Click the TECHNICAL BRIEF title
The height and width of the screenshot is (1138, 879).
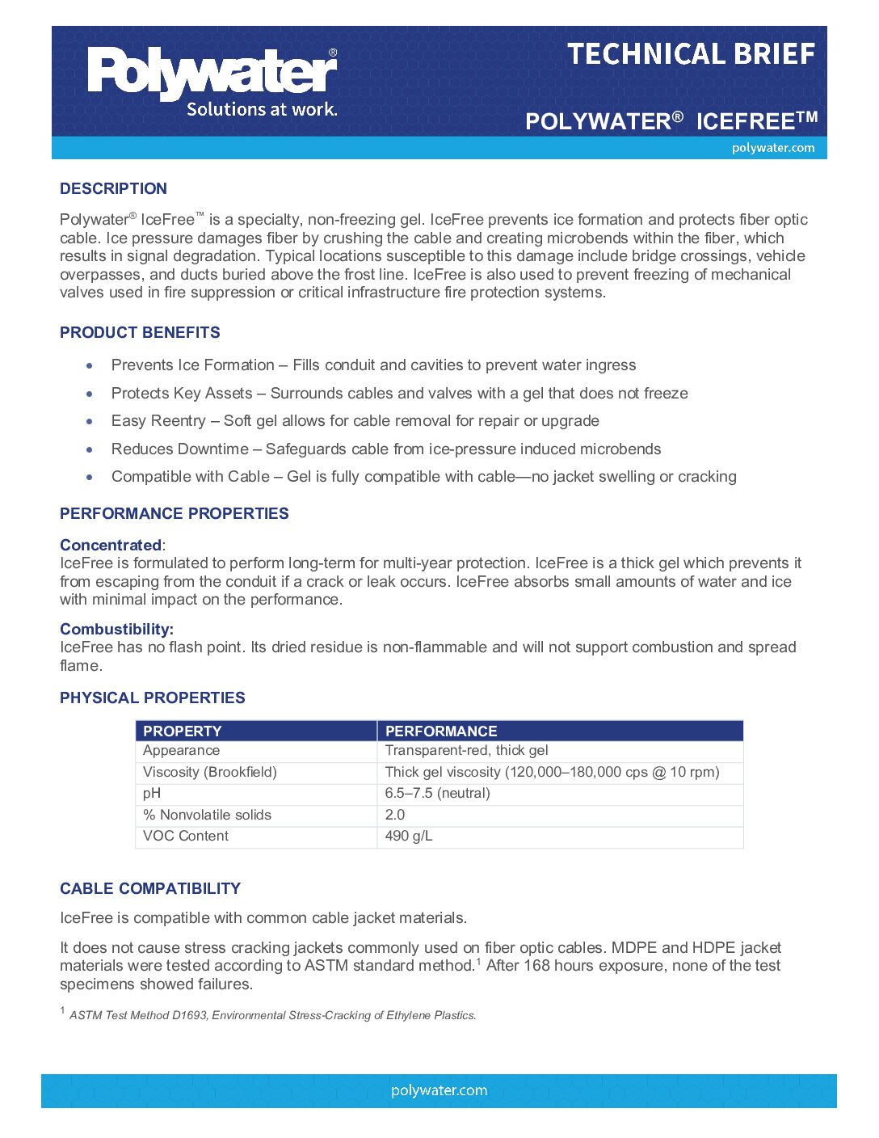tap(691, 54)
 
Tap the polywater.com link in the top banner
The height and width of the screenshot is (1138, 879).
tap(772, 148)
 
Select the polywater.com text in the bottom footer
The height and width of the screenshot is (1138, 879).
tap(439, 1090)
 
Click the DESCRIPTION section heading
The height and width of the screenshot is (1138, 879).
tap(113, 188)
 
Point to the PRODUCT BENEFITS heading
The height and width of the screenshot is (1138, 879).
tap(140, 332)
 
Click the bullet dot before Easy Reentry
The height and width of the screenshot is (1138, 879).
tap(90, 421)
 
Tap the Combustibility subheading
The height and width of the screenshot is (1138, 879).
tap(116, 629)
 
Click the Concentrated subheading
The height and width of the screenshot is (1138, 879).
tap(111, 545)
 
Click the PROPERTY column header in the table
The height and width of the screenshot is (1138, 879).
tap(182, 731)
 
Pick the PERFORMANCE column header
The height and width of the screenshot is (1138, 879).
tap(440, 731)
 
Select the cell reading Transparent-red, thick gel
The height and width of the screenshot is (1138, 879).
tap(466, 750)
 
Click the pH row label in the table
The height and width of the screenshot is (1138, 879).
tap(152, 793)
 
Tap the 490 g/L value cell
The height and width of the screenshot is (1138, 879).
tap(409, 836)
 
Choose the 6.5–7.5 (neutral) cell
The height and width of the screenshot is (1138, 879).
tap(437, 793)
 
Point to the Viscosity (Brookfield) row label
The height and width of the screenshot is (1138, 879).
tap(209, 772)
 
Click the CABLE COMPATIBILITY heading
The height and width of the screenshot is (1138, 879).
tap(150, 888)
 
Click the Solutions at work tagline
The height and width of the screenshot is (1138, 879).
tap(262, 109)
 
